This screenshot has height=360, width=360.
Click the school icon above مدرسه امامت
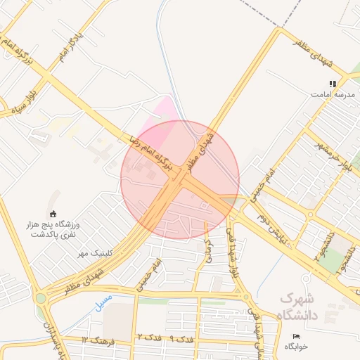[x=333, y=84]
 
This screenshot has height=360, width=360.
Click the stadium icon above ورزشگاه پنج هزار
[x=52, y=214]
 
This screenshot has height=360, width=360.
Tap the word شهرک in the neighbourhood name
[x=297, y=298]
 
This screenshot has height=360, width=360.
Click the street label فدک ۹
[x=181, y=339]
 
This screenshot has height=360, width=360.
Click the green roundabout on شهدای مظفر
[x=41, y=298]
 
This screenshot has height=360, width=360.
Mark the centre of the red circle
[x=180, y=180]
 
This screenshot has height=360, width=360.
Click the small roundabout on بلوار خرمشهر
[x=310, y=214]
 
